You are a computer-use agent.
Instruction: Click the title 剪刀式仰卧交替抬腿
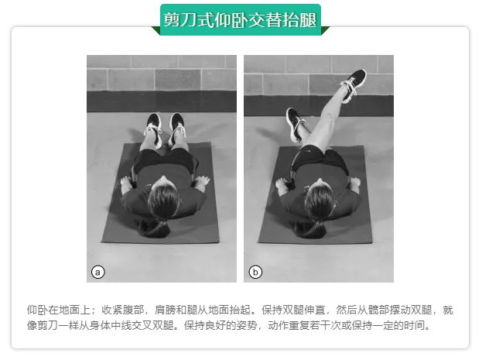240,20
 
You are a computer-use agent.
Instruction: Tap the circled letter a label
97,272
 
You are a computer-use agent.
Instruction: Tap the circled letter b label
255,272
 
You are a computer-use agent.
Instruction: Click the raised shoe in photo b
354,84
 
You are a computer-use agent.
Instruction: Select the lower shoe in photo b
296,125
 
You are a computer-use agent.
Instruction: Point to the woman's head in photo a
163,197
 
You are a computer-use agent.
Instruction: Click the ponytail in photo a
155,228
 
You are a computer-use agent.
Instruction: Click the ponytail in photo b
309,229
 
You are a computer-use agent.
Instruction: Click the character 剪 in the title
172,20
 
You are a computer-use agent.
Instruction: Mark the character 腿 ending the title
309,20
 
